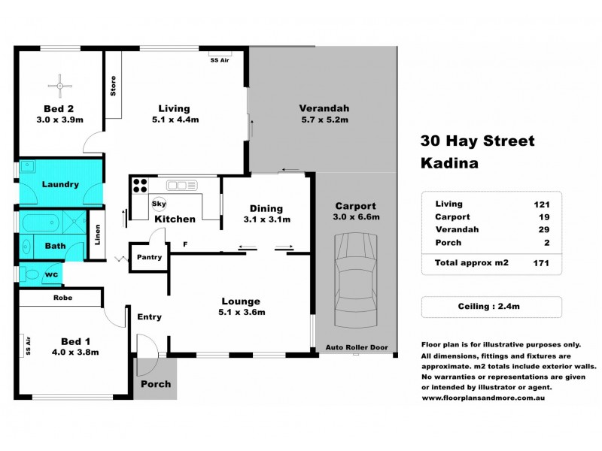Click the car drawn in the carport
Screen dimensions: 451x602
pyautogui.click(x=354, y=280)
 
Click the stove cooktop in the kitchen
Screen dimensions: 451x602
pyautogui.click(x=139, y=186)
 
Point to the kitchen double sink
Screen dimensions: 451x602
pyautogui.click(x=181, y=184)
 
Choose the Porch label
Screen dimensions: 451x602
pyautogui.click(x=156, y=383)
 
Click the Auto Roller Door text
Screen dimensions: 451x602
pyautogui.click(x=354, y=348)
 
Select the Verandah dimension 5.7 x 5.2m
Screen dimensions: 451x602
pyautogui.click(x=324, y=120)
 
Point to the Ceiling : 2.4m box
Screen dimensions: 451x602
pyautogui.click(x=491, y=307)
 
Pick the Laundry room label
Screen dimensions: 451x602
pyautogui.click(x=60, y=183)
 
